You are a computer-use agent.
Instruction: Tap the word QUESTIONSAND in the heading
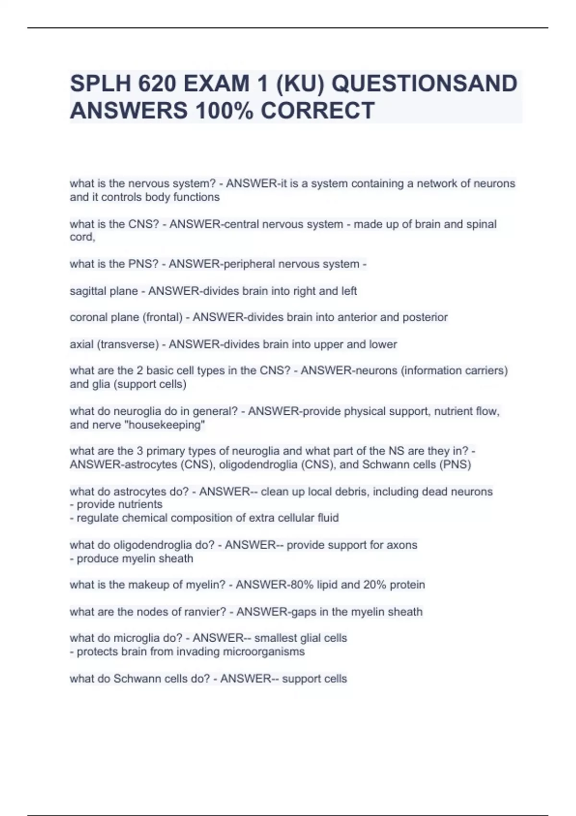(424, 84)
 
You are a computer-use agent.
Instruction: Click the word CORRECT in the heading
(318, 110)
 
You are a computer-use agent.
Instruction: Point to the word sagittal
(87, 291)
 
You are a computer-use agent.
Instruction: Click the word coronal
(87, 317)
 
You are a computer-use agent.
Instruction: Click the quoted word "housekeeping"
(165, 425)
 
